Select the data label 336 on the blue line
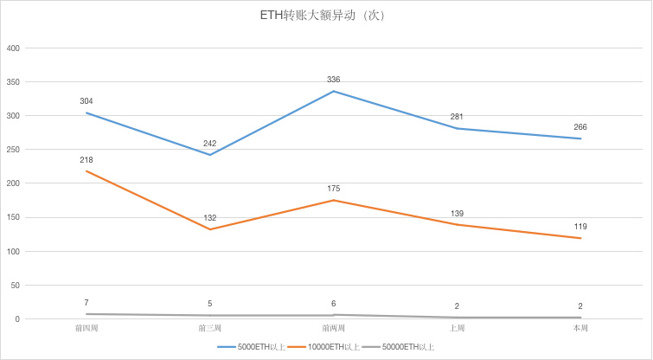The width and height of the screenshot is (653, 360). (x=333, y=80)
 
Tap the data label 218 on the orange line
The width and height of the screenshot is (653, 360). (x=86, y=160)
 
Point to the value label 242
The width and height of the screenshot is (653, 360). (x=209, y=144)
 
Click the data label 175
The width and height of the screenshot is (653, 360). (x=333, y=189)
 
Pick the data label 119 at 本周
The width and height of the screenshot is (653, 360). (x=580, y=227)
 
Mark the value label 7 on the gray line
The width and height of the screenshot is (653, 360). (x=86, y=303)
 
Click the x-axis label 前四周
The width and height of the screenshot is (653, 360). (x=86, y=329)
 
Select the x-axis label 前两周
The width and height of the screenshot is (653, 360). (x=333, y=329)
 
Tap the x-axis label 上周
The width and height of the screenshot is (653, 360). (x=457, y=329)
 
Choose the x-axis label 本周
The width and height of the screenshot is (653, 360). (x=580, y=329)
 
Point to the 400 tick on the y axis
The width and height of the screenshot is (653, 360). (x=13, y=48)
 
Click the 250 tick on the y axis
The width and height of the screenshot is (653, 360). (x=13, y=150)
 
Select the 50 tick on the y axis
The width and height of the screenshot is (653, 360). (x=15, y=286)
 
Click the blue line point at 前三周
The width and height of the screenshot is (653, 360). (x=209, y=155)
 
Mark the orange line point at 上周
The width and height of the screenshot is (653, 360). (x=457, y=225)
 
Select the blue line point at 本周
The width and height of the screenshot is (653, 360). (x=580, y=138)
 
